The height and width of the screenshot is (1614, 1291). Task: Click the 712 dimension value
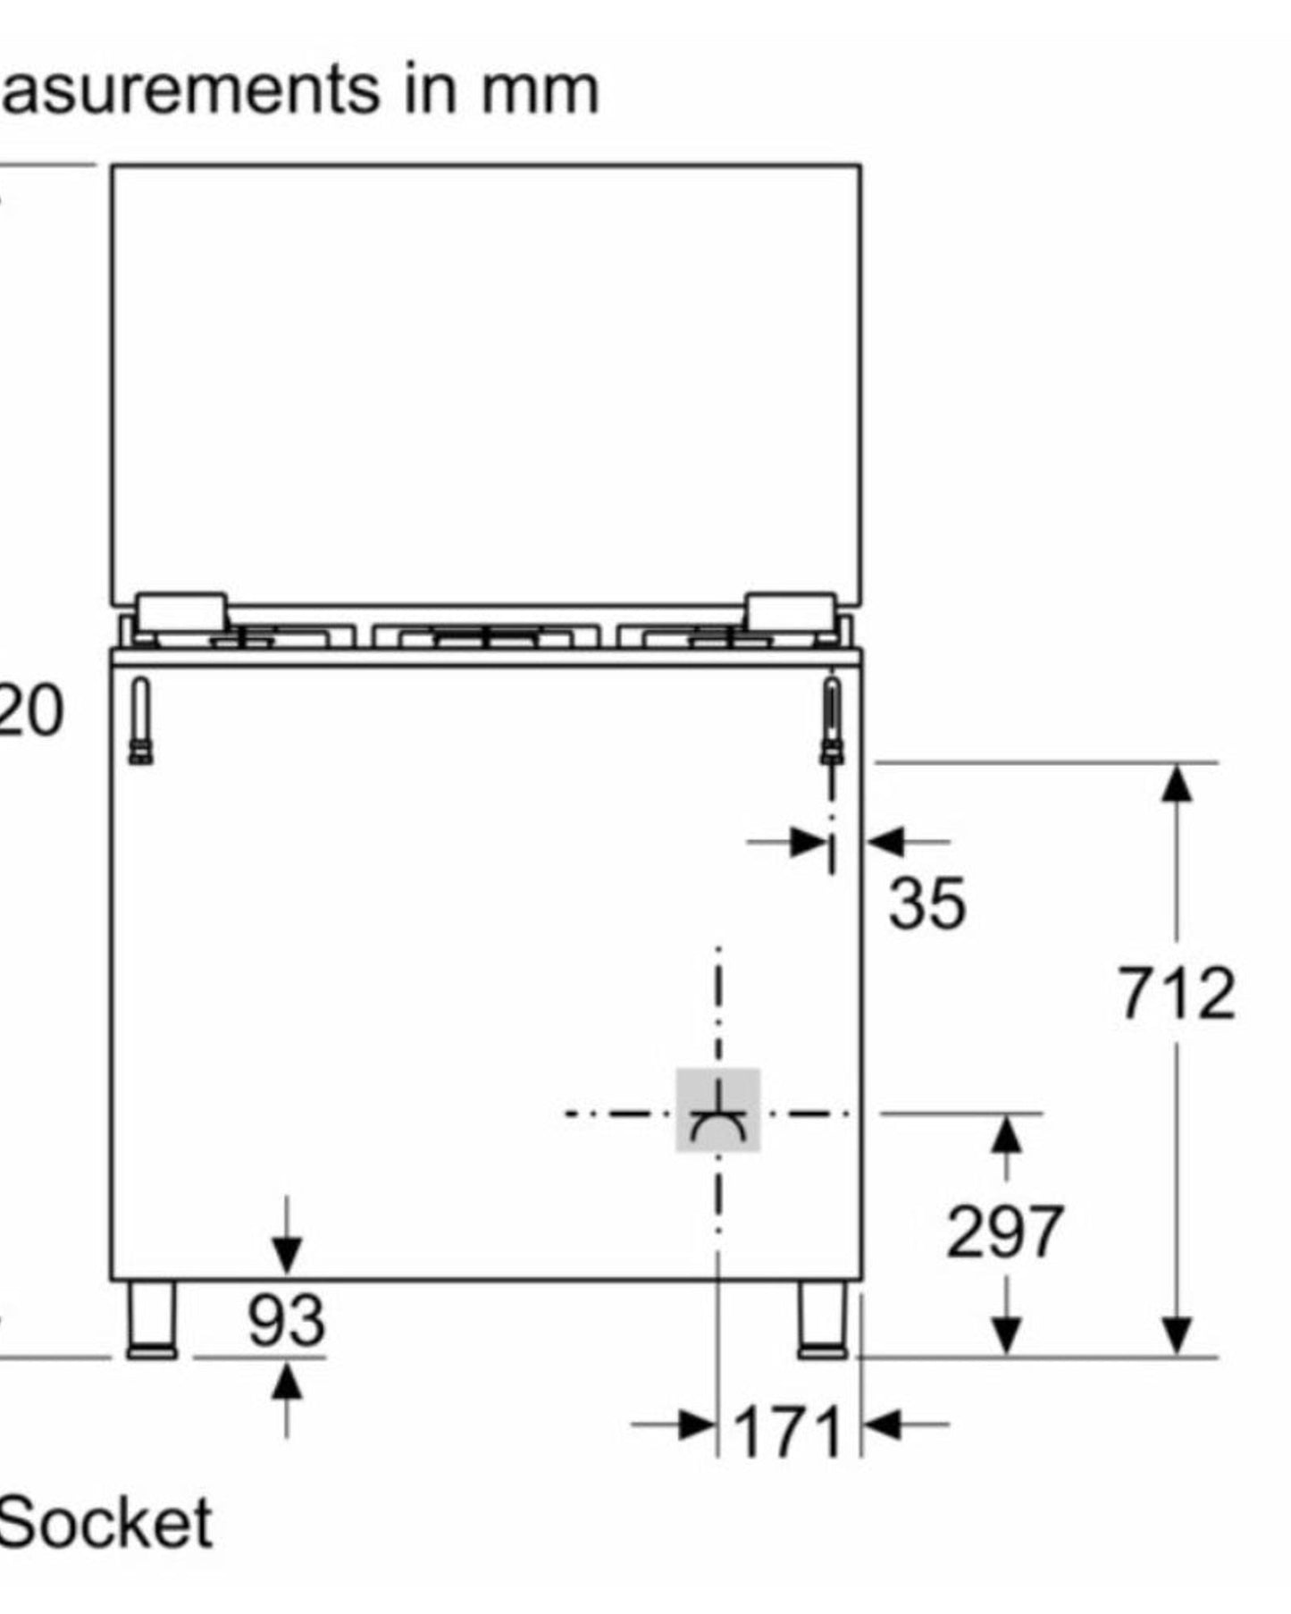1177,993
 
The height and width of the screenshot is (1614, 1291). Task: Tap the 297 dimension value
1004,1232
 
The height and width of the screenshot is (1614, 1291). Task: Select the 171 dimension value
788,1432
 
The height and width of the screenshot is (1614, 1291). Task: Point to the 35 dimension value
926,903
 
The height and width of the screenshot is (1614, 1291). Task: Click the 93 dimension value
286,1321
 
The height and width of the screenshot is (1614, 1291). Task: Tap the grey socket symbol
717,1110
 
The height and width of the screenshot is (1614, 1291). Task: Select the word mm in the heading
540,90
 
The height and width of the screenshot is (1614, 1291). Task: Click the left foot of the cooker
152,1319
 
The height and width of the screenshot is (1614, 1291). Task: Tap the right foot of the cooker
823,1319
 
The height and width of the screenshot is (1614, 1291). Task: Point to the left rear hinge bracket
141,720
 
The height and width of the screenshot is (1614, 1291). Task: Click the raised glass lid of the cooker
486,384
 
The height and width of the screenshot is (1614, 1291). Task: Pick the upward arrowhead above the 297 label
1007,1134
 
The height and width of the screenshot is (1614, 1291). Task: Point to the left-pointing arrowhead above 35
885,841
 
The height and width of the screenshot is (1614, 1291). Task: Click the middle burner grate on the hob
485,636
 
